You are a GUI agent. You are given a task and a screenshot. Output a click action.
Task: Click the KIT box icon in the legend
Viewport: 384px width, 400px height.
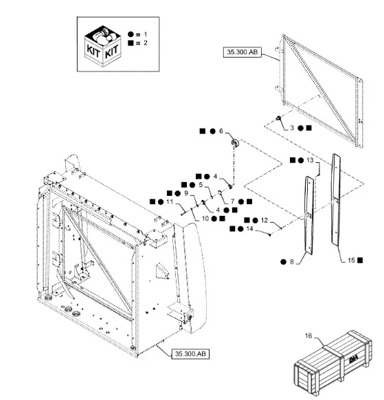102,45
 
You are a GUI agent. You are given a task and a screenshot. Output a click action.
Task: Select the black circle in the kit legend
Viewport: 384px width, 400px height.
131,34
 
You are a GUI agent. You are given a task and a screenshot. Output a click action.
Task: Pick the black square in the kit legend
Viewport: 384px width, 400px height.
131,43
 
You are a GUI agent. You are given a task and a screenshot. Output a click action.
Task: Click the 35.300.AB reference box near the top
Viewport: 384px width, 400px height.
242,52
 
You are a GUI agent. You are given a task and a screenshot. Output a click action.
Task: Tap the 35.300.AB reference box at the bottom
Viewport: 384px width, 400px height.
190,354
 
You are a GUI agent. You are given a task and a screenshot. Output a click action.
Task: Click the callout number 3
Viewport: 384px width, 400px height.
292,128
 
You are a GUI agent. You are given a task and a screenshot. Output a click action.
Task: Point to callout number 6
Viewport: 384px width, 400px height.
221,131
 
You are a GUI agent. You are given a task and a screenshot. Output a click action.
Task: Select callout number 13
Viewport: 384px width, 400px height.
310,160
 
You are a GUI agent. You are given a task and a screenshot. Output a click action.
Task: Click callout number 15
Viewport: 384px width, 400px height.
351,260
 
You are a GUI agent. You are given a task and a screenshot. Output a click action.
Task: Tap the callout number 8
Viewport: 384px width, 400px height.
292,262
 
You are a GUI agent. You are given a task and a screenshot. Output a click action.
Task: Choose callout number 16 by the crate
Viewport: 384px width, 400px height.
308,335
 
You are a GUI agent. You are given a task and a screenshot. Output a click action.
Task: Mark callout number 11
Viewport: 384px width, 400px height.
170,202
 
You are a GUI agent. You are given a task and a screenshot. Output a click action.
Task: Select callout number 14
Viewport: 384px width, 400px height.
249,229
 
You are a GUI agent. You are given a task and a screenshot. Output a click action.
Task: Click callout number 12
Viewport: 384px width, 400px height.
264,220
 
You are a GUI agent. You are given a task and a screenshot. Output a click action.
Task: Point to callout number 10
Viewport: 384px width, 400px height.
205,219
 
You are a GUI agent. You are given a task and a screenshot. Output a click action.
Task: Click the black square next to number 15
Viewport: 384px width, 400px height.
360,260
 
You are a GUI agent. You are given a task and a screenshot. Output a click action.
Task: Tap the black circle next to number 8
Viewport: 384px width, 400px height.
283,262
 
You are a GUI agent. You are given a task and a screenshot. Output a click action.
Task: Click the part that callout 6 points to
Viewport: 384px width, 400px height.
235,143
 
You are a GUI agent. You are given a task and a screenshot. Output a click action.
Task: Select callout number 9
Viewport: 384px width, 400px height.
186,193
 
